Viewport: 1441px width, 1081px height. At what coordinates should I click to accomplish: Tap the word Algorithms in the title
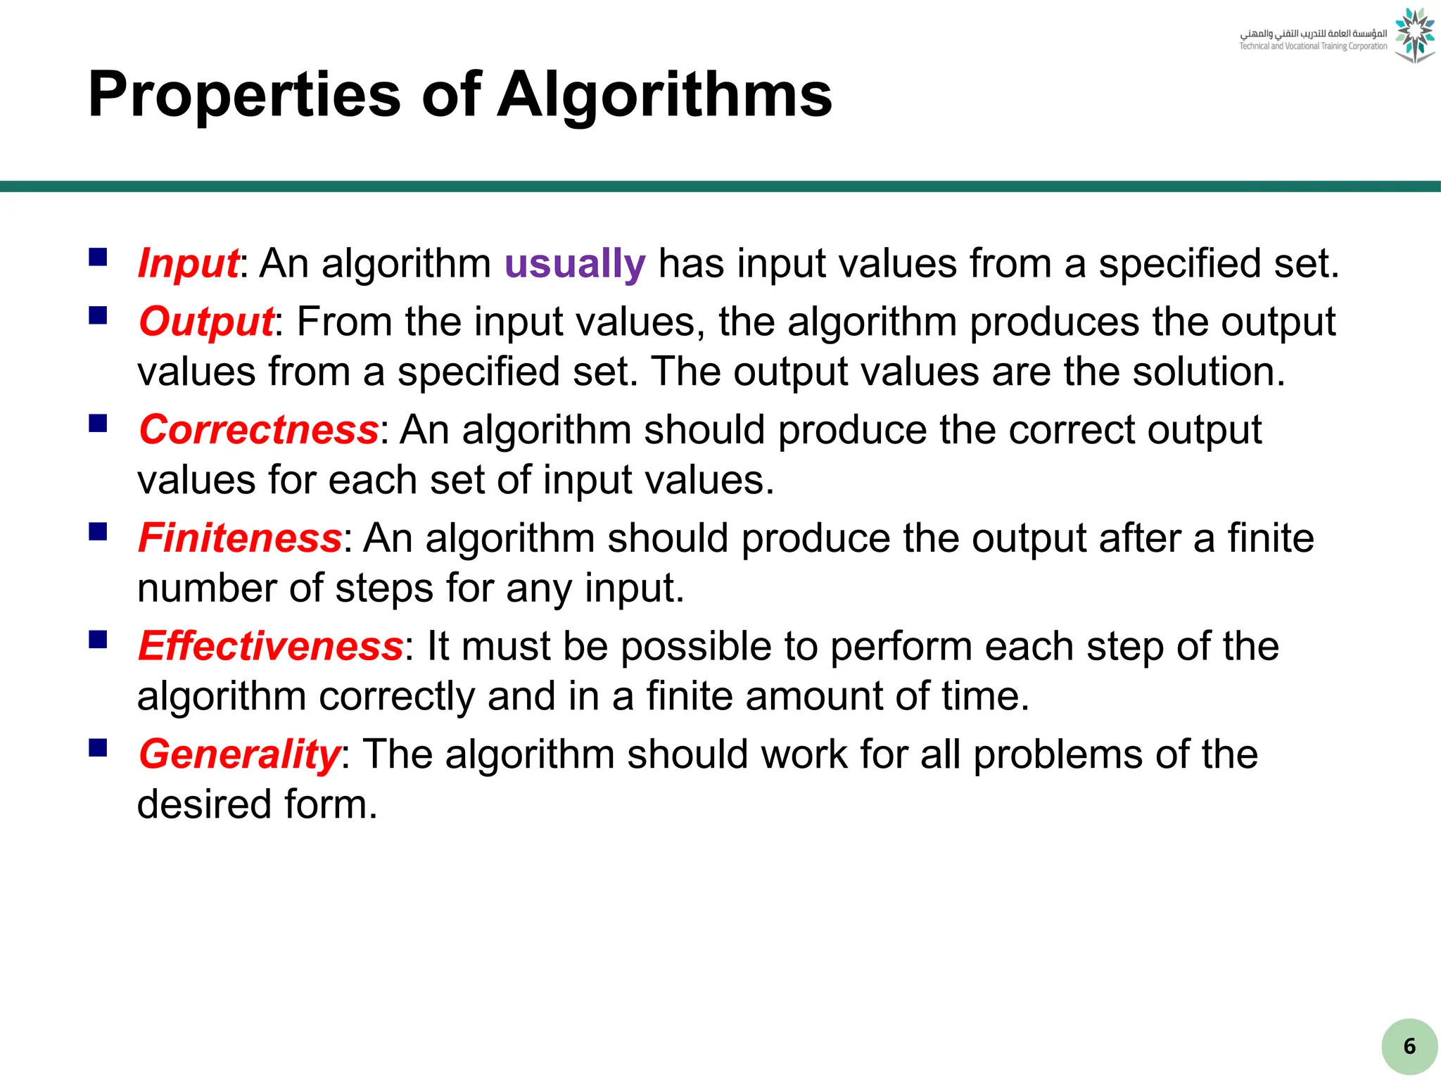tap(664, 95)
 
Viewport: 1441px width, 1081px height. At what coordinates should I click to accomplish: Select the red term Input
tap(188, 263)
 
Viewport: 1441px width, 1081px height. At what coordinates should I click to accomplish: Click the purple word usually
tap(575, 263)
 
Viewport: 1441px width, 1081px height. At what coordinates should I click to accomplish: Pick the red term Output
tap(205, 322)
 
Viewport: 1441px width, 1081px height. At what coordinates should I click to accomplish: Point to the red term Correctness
tap(259, 429)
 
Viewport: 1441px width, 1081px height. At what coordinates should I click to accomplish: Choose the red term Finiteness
tap(240, 538)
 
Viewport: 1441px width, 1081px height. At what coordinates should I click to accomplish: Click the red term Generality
tap(239, 754)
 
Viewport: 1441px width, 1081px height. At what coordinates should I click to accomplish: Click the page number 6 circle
tap(1409, 1047)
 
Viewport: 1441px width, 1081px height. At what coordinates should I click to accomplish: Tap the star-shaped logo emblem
tap(1414, 35)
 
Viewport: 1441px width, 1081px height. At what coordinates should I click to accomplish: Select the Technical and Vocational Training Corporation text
tap(1313, 46)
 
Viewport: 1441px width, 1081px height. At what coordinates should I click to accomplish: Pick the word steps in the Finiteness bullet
tap(383, 588)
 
